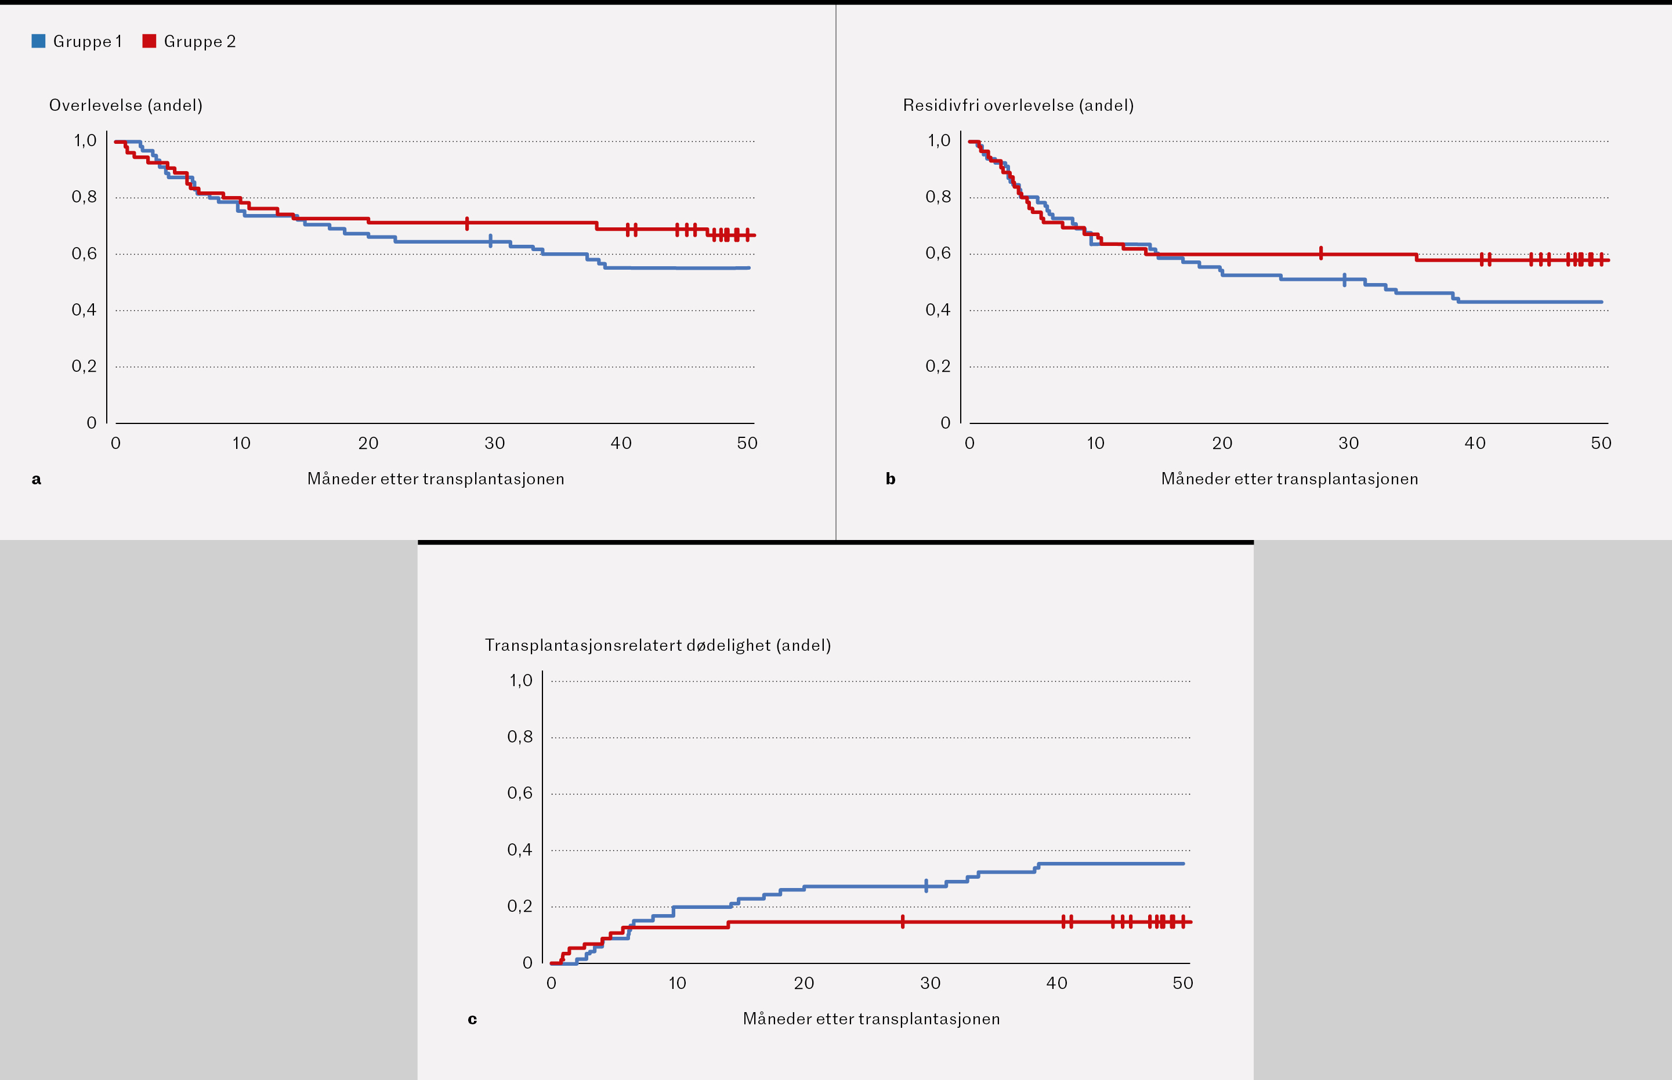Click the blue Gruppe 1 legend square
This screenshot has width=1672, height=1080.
click(x=38, y=41)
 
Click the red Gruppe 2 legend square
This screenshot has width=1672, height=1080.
click(x=149, y=41)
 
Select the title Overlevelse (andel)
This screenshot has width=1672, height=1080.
click(x=125, y=105)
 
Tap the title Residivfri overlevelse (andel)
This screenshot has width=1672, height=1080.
click(x=1018, y=105)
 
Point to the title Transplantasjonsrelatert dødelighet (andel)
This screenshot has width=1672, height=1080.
click(x=658, y=645)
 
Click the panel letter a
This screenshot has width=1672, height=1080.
click(x=37, y=479)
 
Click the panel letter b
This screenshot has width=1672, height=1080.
click(x=890, y=479)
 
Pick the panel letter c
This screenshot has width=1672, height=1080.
click(x=472, y=1019)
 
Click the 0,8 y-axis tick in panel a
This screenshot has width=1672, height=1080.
click(x=84, y=197)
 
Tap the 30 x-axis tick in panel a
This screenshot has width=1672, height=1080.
click(x=494, y=443)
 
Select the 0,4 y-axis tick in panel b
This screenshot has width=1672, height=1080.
click(x=938, y=310)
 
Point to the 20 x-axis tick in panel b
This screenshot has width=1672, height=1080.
click(x=1222, y=443)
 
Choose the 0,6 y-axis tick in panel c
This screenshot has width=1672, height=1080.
click(x=520, y=793)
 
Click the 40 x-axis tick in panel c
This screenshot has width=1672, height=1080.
click(x=1056, y=983)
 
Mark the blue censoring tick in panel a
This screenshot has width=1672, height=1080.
click(x=490, y=241)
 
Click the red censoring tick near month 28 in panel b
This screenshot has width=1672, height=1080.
click(x=1320, y=253)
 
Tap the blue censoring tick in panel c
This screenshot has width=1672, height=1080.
click(x=926, y=886)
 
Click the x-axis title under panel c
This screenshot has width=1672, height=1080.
click(x=871, y=1019)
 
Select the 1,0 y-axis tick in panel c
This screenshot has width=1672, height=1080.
click(x=520, y=680)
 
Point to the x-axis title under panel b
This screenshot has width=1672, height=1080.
click(x=1289, y=479)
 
